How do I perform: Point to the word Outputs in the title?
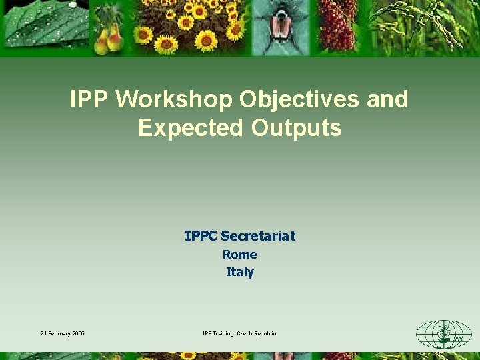(297, 127)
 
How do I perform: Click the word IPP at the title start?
(89, 100)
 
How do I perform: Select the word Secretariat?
(258, 236)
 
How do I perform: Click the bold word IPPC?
(201, 236)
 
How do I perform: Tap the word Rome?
(240, 254)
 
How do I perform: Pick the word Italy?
(240, 272)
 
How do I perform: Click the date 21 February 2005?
(62, 333)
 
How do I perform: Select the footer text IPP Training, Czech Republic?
(239, 333)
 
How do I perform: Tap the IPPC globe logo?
(443, 333)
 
